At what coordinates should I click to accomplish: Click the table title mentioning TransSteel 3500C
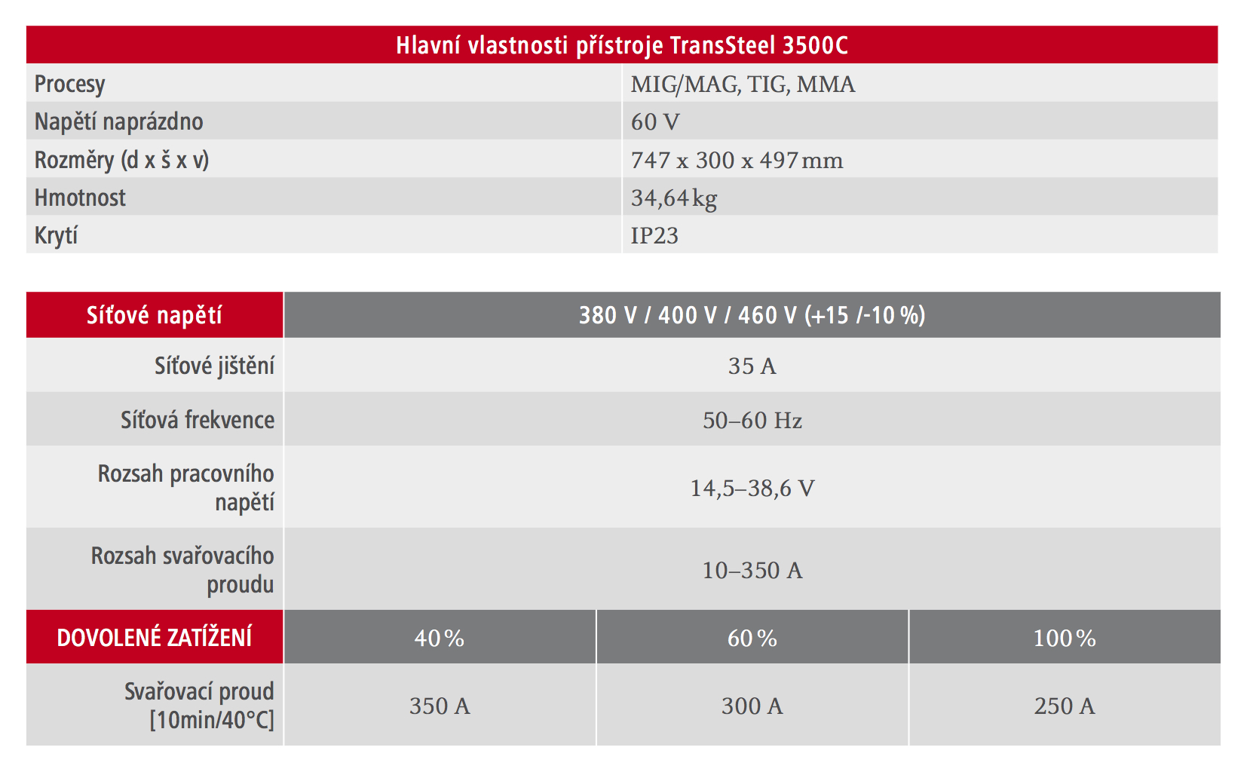(x=622, y=45)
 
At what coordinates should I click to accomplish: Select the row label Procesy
(x=70, y=84)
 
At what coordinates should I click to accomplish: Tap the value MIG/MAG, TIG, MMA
(x=743, y=84)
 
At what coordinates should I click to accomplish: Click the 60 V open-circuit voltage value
(x=655, y=121)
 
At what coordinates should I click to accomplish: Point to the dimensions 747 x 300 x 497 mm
(x=737, y=160)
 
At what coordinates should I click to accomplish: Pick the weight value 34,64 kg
(x=673, y=198)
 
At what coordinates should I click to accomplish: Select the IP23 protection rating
(x=654, y=235)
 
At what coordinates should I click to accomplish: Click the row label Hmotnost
(x=81, y=198)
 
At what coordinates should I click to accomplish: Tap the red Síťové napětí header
(x=155, y=315)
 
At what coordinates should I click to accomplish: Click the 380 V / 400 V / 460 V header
(x=752, y=315)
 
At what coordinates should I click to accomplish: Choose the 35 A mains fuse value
(x=752, y=366)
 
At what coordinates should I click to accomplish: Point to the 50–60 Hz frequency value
(x=752, y=420)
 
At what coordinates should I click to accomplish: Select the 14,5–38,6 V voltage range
(x=752, y=489)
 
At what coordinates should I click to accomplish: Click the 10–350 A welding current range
(x=752, y=570)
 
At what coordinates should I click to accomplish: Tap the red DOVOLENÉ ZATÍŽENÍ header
(x=155, y=638)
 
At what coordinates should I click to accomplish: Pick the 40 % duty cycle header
(x=440, y=639)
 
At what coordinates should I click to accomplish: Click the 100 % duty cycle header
(x=1065, y=639)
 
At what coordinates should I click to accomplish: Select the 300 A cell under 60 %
(x=752, y=706)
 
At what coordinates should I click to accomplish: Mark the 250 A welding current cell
(x=1065, y=706)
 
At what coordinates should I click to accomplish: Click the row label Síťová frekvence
(x=198, y=420)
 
